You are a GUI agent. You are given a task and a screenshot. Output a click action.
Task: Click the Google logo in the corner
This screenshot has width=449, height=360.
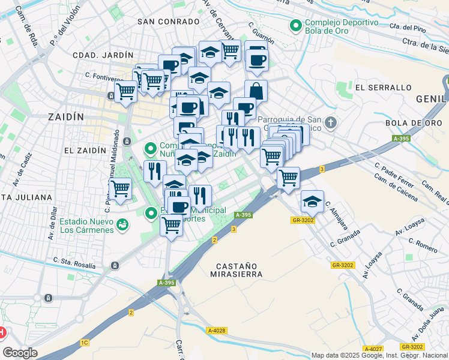point(20,353)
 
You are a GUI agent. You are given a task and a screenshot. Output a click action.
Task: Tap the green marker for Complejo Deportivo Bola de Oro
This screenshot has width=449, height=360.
point(295,26)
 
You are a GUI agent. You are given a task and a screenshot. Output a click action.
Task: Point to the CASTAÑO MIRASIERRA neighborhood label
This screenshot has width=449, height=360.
point(237,269)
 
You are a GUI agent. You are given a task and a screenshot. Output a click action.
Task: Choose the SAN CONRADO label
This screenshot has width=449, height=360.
point(168,22)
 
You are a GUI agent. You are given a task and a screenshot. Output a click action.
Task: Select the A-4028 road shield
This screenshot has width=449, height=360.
point(216,330)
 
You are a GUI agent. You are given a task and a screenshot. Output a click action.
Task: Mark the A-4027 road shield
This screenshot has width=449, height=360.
point(372,349)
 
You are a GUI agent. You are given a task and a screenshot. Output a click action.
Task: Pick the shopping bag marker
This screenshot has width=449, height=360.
point(256,92)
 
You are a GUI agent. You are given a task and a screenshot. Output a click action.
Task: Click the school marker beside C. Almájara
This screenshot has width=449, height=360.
point(312,202)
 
